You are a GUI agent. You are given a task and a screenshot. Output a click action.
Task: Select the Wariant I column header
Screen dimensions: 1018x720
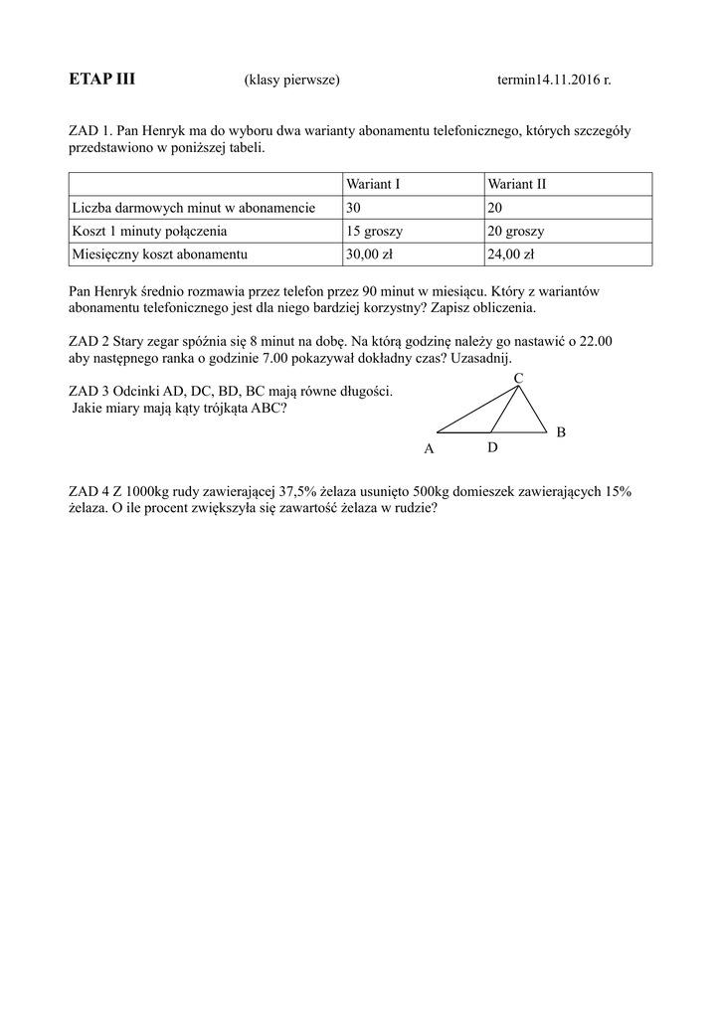[x=373, y=184]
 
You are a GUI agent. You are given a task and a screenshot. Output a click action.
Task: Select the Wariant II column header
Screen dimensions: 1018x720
[x=517, y=184]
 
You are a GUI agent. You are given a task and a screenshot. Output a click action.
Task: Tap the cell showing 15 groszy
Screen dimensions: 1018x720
[x=375, y=231]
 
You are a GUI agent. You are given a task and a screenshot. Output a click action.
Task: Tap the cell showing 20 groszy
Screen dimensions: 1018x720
[x=516, y=231]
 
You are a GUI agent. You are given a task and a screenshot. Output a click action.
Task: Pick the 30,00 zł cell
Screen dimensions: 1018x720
[x=370, y=254]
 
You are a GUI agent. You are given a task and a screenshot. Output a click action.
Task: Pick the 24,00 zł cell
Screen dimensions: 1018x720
[x=511, y=254]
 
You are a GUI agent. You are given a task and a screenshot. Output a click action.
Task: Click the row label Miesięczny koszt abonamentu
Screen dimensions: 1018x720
[x=159, y=254]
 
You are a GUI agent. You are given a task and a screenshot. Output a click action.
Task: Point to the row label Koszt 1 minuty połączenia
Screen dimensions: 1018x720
[x=149, y=231]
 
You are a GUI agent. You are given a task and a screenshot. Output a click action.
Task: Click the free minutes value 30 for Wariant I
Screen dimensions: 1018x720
[x=354, y=208]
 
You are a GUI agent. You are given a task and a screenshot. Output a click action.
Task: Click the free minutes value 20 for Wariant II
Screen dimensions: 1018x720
[x=495, y=208]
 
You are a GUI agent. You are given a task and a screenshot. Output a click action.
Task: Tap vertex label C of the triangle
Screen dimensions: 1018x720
[x=518, y=380]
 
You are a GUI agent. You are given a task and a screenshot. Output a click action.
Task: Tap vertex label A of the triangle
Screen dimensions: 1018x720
[x=430, y=449]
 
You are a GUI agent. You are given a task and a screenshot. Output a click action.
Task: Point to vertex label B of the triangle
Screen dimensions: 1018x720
[x=561, y=432]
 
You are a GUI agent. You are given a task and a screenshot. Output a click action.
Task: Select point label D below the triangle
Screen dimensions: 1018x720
[x=492, y=449]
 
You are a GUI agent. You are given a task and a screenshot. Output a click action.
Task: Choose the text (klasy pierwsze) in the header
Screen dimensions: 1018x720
[x=291, y=81]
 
